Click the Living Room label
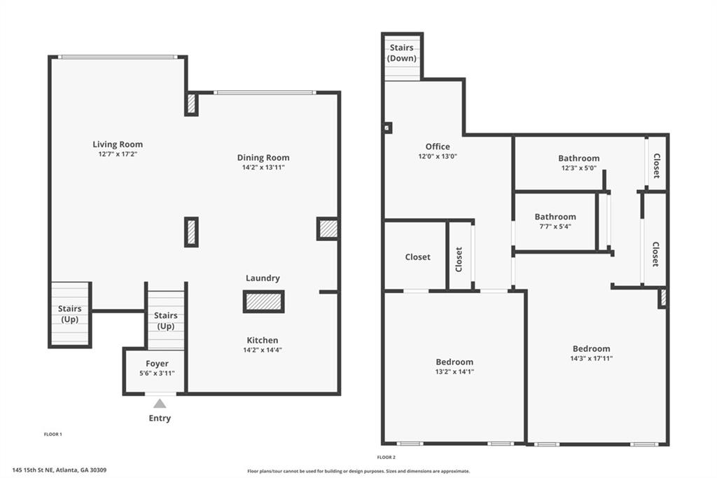(x=118, y=144)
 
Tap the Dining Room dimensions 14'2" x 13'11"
(x=263, y=168)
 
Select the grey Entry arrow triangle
(x=160, y=404)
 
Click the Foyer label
(x=157, y=364)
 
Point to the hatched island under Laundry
(x=263, y=301)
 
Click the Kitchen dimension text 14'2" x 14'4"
(x=263, y=350)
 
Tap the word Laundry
(x=263, y=278)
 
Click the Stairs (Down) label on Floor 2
(x=401, y=53)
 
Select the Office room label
(x=438, y=146)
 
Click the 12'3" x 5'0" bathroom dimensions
(x=579, y=168)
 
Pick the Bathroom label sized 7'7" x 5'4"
(x=555, y=217)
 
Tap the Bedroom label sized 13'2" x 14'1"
(x=454, y=362)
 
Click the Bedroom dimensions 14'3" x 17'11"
(x=591, y=359)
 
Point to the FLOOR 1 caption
(x=53, y=434)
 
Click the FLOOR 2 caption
(x=386, y=457)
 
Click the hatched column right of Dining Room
(x=328, y=229)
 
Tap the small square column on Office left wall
(x=387, y=128)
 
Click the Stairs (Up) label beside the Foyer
(x=165, y=320)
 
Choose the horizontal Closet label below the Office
(x=417, y=257)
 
